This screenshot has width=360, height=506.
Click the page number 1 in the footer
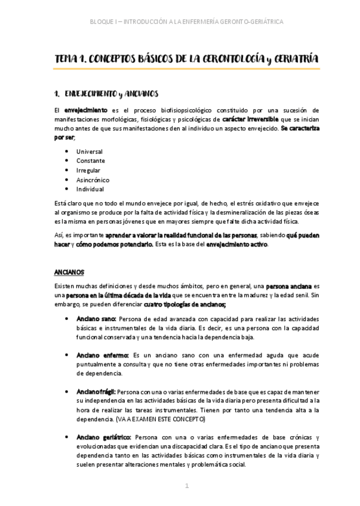pyautogui.click(x=186, y=486)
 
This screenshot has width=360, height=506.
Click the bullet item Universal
pyautogui.click(x=90, y=152)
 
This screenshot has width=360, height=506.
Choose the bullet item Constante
pyautogui.click(x=90, y=161)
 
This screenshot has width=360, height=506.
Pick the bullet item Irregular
pyautogui.click(x=88, y=171)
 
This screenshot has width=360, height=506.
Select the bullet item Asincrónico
pyautogui.click(x=93, y=180)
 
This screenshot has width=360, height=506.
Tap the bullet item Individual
pyautogui.click(x=90, y=190)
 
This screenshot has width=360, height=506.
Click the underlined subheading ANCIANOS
pyautogui.click(x=69, y=271)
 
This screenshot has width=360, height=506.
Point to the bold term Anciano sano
pyautogui.click(x=96, y=319)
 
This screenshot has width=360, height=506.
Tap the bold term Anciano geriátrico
pyautogui.click(x=103, y=437)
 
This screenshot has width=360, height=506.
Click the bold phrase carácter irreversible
pyautogui.click(x=250, y=119)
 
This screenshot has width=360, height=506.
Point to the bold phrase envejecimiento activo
pyautogui.click(x=236, y=244)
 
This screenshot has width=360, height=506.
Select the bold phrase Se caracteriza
pyautogui.click(x=300, y=128)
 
